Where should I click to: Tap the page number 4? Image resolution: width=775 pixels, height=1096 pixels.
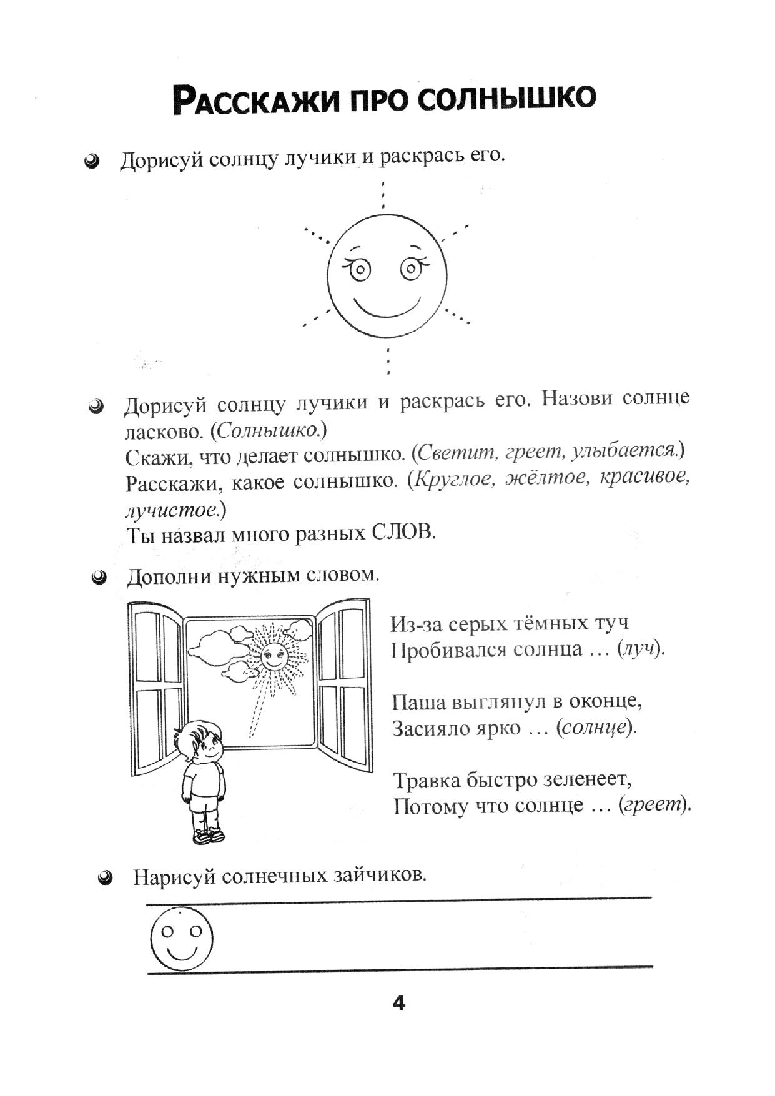[x=398, y=1004]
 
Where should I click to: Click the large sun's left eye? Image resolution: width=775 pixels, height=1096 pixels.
[x=360, y=270]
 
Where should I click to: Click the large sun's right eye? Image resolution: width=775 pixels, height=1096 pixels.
[x=410, y=269]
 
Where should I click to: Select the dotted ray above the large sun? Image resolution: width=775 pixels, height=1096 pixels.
[x=383, y=195]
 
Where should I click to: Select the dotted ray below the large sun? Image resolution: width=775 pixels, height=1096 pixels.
[x=388, y=361]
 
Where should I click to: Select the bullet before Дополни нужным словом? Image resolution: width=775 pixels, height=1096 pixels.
[x=98, y=578]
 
